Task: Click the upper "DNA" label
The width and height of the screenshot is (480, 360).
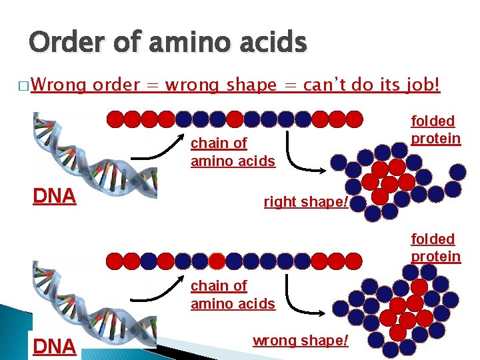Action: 55,196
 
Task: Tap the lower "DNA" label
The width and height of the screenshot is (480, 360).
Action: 55,345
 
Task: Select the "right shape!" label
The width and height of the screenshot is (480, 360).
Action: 306,201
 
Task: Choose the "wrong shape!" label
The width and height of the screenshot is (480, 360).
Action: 300,341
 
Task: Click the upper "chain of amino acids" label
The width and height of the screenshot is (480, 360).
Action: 233,152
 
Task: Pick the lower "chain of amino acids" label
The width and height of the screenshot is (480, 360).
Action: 233,295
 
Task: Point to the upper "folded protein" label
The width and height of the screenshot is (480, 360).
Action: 435,130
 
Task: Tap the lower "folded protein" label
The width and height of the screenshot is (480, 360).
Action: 435,247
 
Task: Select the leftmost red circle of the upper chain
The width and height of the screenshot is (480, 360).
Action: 115,119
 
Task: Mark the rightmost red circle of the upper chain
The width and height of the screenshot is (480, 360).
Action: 355,119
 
